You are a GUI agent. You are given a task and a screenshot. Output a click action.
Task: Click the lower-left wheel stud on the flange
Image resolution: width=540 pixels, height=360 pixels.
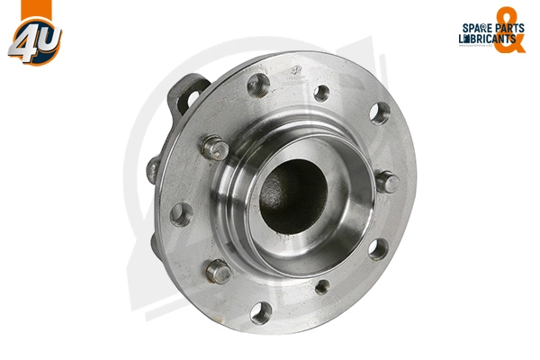pos(218,270)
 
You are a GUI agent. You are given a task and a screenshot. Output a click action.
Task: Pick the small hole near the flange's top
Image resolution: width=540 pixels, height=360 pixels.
pos(321,91)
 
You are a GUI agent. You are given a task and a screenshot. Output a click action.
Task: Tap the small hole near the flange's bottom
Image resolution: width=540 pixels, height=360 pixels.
pos(322,287)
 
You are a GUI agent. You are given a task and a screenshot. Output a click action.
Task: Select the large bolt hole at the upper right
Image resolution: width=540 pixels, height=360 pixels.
pos(381,112)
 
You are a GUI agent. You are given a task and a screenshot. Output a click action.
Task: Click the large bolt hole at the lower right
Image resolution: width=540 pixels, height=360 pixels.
pos(378,248)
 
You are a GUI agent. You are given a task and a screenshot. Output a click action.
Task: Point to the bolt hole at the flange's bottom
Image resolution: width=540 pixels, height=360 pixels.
pos(261,312)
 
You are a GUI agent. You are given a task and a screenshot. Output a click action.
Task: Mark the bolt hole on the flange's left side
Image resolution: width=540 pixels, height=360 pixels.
pos(181,214)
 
